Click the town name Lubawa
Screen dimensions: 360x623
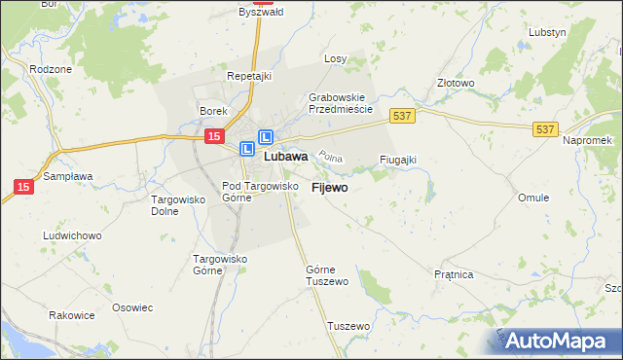(x=286, y=156)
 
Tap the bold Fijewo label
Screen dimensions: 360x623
(x=330, y=188)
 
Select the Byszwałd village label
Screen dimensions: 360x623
(x=260, y=13)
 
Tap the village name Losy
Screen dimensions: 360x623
(x=335, y=58)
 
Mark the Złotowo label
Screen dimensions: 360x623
(x=455, y=84)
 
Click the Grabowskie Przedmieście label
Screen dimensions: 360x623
(x=341, y=103)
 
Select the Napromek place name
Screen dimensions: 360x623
(x=586, y=141)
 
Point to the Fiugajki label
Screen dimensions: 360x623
(x=398, y=160)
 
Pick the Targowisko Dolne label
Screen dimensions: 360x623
(x=176, y=204)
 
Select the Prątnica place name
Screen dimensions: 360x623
(x=454, y=275)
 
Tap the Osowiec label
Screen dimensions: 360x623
(x=132, y=307)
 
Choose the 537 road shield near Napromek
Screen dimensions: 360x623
(x=545, y=127)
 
